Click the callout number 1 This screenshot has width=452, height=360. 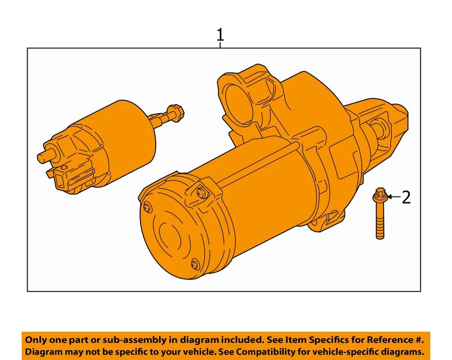pos(220,35)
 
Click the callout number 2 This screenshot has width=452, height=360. pos(406,197)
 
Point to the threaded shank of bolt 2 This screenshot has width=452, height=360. pos(380,220)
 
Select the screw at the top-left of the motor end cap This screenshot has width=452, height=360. pos(148,207)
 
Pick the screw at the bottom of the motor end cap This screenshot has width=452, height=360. pos(195,264)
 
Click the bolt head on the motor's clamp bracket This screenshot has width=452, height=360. pos(202,192)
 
